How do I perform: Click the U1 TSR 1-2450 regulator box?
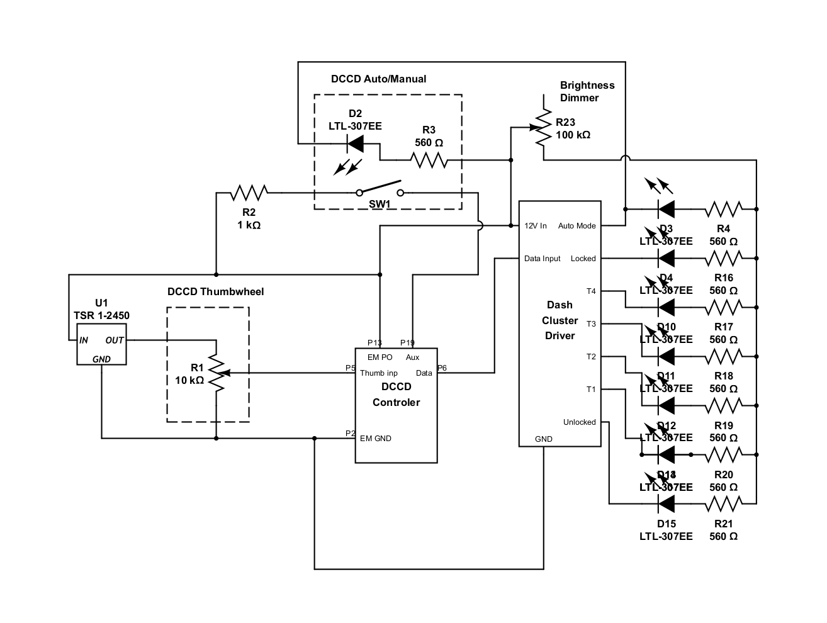[x=101, y=344]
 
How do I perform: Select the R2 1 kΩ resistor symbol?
[x=249, y=192]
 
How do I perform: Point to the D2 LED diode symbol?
[x=356, y=145]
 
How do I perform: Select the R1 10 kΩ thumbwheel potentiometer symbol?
[x=216, y=373]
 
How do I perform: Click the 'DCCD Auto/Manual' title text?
[x=378, y=79]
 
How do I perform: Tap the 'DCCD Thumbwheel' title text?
[x=215, y=292]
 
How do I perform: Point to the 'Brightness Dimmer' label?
[x=587, y=92]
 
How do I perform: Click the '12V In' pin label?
[x=536, y=226]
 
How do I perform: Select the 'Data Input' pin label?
[x=542, y=259]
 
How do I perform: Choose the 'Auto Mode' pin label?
[x=577, y=226]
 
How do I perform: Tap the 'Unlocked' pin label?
[x=579, y=422]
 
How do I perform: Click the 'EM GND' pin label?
[x=376, y=439]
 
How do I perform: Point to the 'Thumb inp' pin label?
[x=378, y=373]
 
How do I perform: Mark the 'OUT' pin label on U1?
[x=115, y=340]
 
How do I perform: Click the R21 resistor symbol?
[x=723, y=503]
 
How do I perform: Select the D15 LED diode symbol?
[x=666, y=503]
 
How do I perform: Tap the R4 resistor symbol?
[x=723, y=208]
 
